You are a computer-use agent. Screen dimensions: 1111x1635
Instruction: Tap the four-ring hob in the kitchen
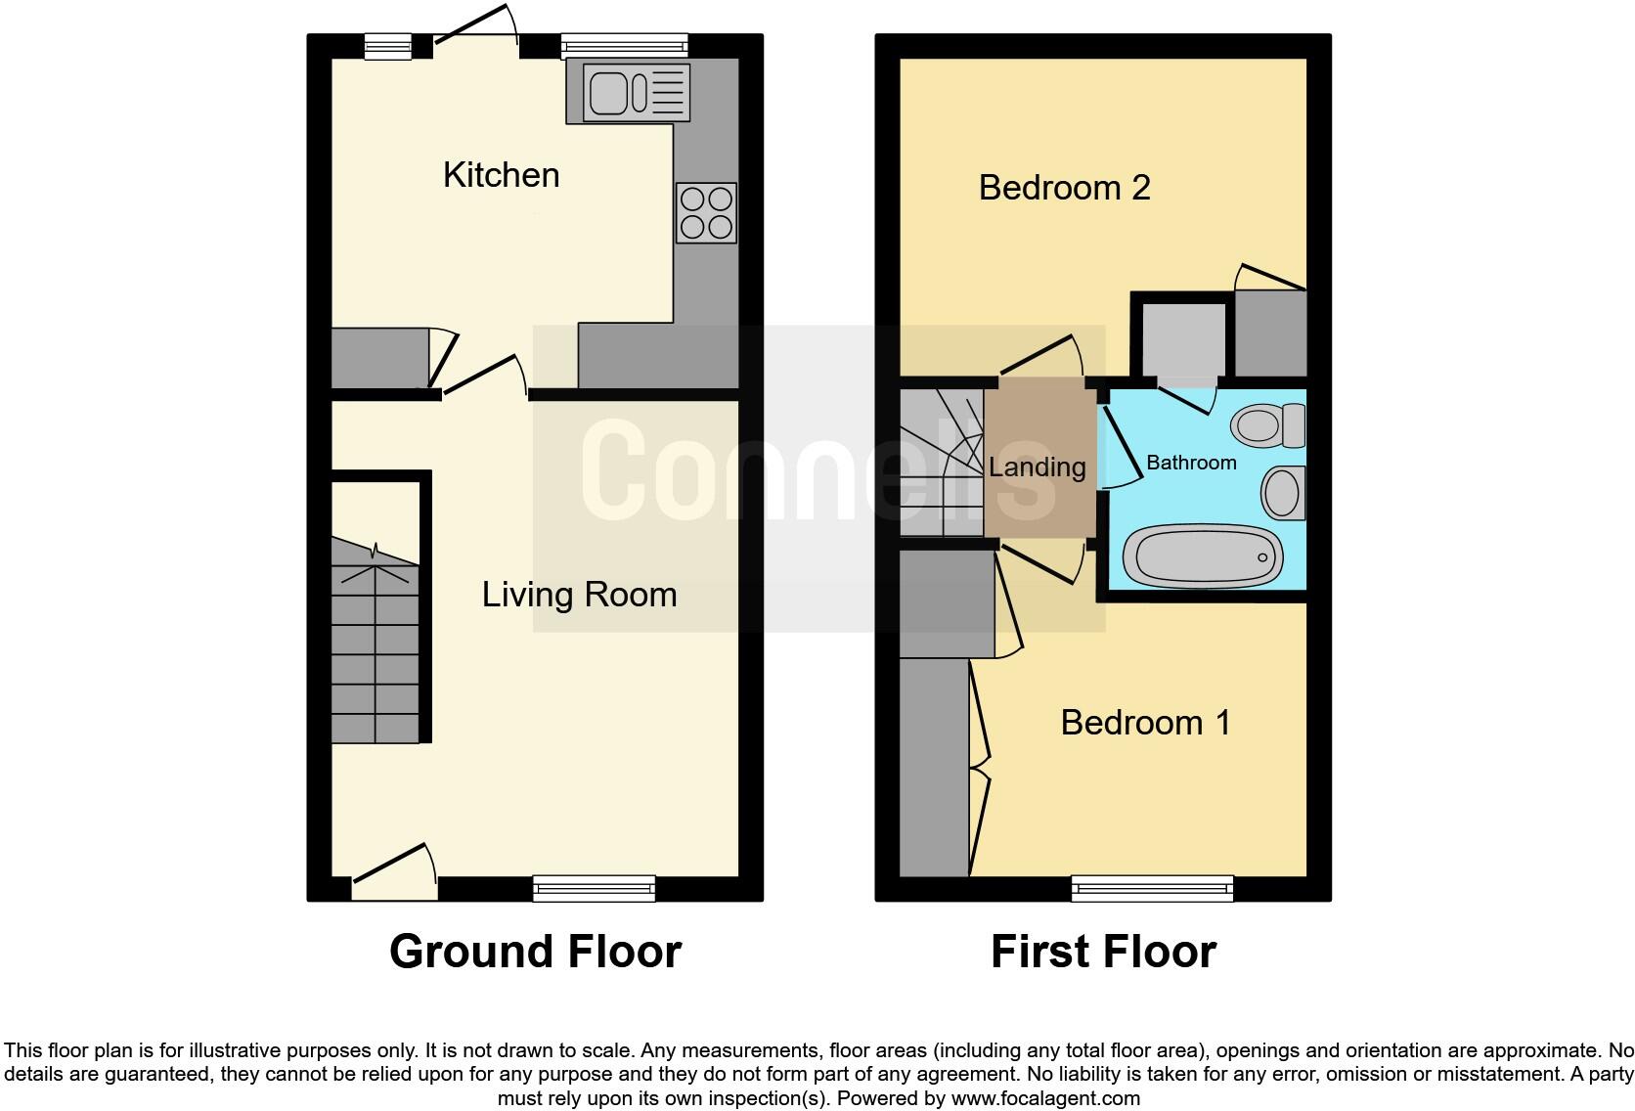click(706, 213)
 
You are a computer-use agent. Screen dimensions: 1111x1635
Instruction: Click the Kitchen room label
click(501, 175)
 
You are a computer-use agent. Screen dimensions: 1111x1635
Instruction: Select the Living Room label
click(579, 595)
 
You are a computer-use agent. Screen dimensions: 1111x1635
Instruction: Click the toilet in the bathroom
click(1268, 426)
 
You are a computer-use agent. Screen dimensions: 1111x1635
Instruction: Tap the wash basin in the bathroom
click(1283, 492)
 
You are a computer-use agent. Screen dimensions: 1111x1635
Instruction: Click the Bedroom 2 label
click(1064, 187)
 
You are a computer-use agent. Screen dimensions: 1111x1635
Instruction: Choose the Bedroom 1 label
click(1145, 723)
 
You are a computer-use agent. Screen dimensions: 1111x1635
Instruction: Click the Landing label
click(1037, 467)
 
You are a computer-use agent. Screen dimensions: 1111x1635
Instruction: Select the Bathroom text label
click(1190, 463)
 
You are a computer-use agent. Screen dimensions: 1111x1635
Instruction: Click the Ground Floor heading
click(535, 952)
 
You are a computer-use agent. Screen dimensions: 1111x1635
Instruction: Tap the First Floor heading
click(1103, 952)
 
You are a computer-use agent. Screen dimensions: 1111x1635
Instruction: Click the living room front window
click(594, 888)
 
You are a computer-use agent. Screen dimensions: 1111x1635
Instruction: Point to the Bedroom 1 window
click(1152, 888)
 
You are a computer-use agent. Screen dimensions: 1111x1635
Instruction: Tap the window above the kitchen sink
click(624, 46)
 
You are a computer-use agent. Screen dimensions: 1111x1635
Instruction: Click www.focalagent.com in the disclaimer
click(1044, 1098)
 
